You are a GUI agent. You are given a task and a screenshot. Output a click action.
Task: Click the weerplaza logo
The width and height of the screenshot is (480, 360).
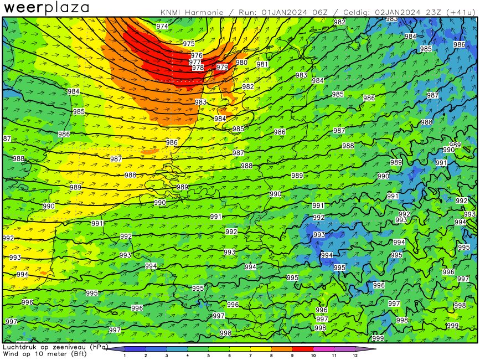47,8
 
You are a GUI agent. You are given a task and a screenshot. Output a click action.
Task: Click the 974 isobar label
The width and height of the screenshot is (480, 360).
162,27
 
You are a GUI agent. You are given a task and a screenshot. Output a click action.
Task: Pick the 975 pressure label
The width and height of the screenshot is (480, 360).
189,43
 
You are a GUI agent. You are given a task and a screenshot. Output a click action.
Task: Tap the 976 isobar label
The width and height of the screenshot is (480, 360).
197,55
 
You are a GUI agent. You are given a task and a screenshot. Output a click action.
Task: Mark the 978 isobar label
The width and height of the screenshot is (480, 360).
198,68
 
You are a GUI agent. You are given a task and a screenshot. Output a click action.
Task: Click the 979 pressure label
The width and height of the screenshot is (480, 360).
222,67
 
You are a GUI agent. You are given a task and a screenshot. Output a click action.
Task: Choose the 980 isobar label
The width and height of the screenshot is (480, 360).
241,63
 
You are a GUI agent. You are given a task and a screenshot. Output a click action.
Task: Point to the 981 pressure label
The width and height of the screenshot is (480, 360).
262,64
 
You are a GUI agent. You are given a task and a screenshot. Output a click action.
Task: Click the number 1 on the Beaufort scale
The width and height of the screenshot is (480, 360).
125,355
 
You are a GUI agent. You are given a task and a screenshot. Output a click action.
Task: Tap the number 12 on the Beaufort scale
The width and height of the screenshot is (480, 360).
355,355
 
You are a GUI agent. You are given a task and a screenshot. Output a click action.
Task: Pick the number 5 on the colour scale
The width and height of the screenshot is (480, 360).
208,355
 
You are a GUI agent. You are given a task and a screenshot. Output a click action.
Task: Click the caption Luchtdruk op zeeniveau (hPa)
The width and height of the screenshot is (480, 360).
54,347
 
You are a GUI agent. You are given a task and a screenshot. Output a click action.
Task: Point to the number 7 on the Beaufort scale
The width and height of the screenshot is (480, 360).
250,355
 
